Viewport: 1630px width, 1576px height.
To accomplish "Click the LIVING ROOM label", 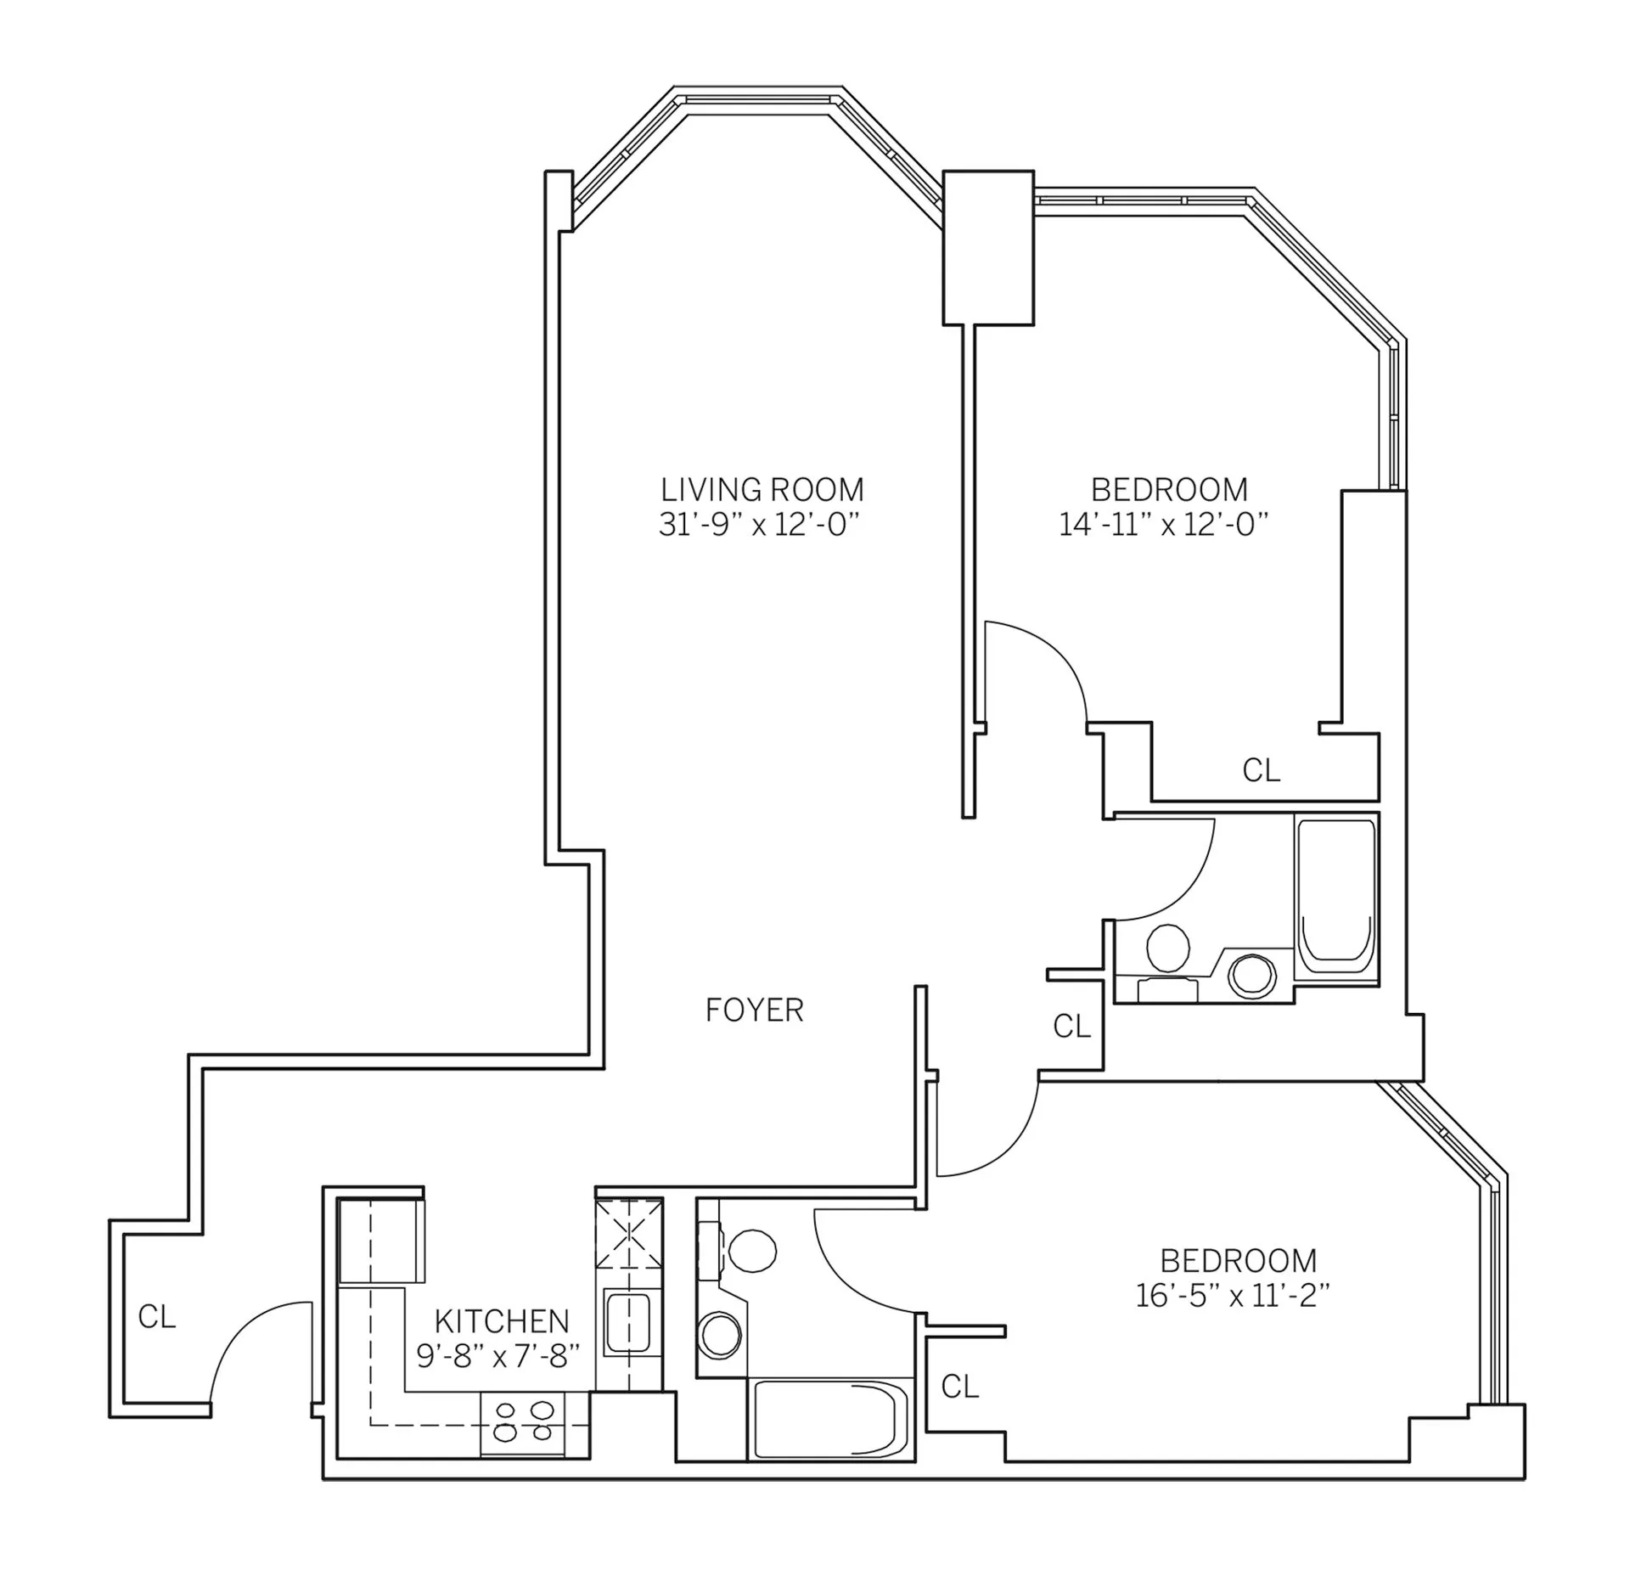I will point(762,490).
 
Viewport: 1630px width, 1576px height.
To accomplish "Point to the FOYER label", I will point(754,1010).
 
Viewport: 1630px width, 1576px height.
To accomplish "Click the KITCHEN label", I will point(501,1321).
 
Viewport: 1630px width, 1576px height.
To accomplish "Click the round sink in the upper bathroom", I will point(1252,976).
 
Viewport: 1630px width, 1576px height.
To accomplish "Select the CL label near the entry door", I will point(157,1317).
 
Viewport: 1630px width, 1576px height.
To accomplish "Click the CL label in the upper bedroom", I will point(1261,771).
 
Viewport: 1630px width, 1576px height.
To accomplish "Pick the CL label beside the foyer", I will point(1071,1027).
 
